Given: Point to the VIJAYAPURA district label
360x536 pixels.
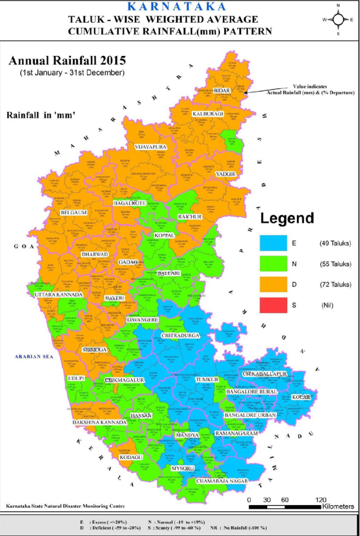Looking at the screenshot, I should [x=150, y=147].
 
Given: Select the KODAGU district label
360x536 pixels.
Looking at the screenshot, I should [x=131, y=457].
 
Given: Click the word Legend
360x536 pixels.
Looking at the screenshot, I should [x=287, y=219].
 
